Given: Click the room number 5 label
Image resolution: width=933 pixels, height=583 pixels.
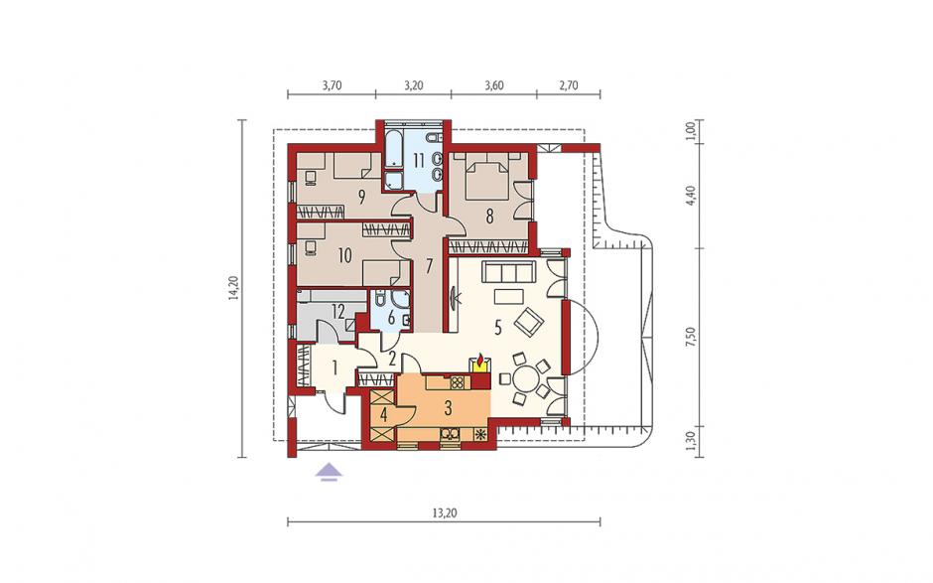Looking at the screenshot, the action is coord(498,327).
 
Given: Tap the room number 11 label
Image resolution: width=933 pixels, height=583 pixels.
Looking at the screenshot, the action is coord(419,160).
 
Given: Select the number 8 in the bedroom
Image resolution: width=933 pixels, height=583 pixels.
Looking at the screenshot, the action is coord(489,217).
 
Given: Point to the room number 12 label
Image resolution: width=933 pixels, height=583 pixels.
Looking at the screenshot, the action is coord(338,310).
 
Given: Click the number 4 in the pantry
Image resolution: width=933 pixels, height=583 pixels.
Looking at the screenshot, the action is coord(384,415).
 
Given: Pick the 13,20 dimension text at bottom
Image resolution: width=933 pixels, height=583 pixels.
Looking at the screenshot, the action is coord(445,512).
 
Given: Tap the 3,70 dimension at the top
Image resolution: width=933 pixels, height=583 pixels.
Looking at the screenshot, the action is coord(333,85).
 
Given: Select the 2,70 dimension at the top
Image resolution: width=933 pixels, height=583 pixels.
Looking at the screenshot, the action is coord(569,85).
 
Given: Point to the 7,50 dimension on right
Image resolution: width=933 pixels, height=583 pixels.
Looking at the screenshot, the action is coord(690,337).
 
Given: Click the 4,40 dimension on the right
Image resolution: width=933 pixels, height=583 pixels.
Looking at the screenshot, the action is coord(690,195).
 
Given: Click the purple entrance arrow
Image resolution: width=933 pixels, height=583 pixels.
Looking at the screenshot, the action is coord(330,472).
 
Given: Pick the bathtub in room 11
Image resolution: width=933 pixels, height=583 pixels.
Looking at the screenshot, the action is coord(394,149).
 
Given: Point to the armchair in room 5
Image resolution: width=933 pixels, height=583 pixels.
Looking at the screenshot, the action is coord(528,322).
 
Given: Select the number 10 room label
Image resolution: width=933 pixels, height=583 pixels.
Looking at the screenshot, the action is coord(344,256).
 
